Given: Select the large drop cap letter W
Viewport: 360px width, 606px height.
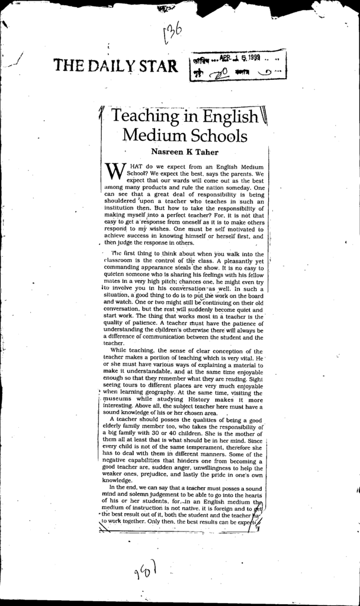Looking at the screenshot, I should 112,172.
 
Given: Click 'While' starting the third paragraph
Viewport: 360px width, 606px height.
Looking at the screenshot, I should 120,350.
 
